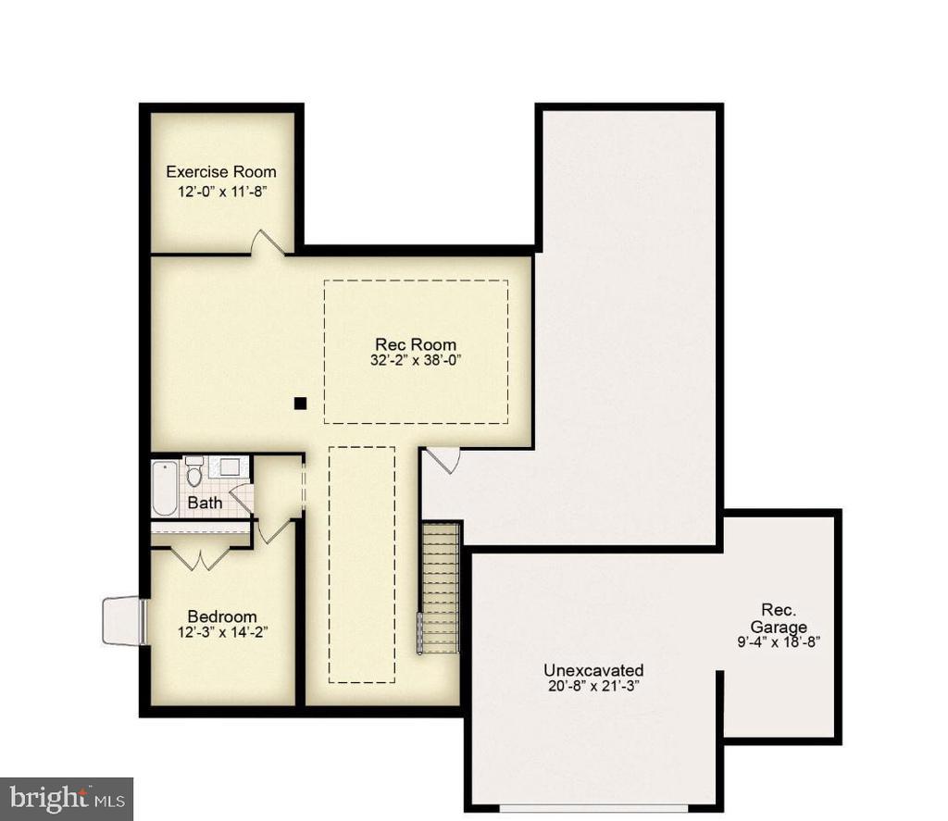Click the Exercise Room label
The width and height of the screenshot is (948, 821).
pos(220,171)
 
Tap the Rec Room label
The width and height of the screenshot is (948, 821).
pos(416,344)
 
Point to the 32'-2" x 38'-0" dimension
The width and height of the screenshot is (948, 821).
pos(416,361)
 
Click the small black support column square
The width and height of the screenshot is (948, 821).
pos(300,403)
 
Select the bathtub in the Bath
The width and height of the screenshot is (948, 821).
pos(165,488)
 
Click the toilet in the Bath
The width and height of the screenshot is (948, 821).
pos(194,473)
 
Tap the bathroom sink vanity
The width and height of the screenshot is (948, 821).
pos(228,466)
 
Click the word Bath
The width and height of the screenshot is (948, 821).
pos(205,504)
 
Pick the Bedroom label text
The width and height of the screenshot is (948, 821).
pos(222,616)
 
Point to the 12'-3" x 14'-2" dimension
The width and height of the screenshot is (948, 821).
pos(222,633)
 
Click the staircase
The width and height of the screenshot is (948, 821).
pos(440,588)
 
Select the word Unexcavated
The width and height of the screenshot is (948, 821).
pos(593,670)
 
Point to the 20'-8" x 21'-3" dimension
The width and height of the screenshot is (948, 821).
pos(593,686)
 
